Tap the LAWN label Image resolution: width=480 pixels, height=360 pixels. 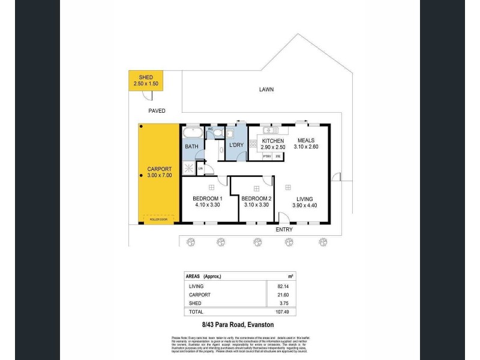click(266, 89)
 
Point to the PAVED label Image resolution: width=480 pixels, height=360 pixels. click(157, 111)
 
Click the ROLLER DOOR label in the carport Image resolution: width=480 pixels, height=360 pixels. click(160, 221)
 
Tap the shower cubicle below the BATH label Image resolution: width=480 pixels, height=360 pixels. click(190, 167)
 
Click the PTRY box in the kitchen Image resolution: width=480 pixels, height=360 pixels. click(268, 157)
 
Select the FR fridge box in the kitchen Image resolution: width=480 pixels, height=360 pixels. click(278, 157)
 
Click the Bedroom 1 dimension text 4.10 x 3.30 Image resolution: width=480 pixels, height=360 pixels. click(208, 205)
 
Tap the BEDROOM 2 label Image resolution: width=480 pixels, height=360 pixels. click(256, 199)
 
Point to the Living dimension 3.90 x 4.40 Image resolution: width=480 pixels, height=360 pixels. click(305, 205)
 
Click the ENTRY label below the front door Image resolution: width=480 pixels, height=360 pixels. click(284, 230)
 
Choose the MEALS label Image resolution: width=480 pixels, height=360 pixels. click(305, 140)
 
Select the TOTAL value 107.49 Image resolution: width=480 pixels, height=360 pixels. click(274, 312)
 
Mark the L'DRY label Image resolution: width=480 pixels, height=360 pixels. click(235, 146)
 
